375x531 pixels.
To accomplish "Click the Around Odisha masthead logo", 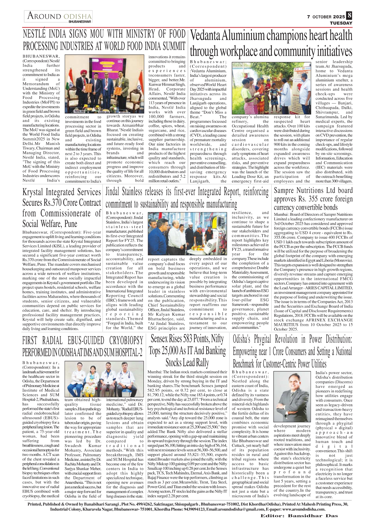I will (59, 17).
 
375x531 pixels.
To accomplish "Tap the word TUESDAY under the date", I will (341, 23).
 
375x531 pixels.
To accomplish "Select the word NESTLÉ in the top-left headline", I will (34, 34).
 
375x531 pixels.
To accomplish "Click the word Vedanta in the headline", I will (205, 36).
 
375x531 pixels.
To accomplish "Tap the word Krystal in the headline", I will (34, 192).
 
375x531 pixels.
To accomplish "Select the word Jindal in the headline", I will (113, 192).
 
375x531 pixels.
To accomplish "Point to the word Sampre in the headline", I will (284, 191).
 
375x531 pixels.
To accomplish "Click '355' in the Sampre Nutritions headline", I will (310, 199).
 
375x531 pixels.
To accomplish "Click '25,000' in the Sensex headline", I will (169, 351).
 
